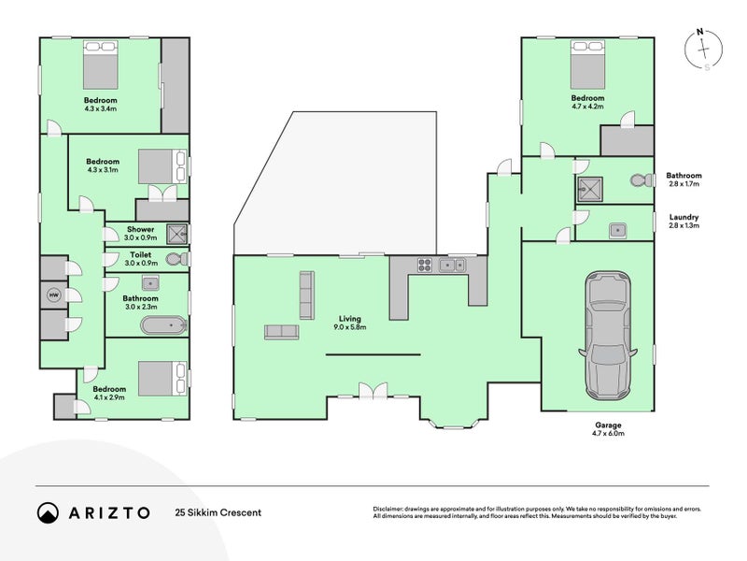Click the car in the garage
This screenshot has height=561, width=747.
(608, 336)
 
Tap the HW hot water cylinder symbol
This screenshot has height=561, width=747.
(54, 295)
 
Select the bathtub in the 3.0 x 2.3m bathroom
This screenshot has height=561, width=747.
(164, 325)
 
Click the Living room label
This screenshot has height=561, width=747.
(349, 319)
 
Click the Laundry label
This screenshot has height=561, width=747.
(684, 217)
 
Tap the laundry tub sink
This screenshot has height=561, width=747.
(617, 230)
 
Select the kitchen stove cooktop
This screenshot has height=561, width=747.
(425, 265)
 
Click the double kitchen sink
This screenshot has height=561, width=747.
(452, 265)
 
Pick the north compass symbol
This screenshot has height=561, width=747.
(703, 50)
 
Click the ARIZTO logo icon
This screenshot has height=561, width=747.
(48, 512)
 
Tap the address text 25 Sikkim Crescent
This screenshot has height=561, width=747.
(218, 512)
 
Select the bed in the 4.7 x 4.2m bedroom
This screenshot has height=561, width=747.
(587, 65)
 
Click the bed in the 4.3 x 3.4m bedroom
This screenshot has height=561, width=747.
(101, 65)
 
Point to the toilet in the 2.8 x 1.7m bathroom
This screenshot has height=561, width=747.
(641, 180)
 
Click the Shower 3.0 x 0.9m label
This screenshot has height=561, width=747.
(141, 233)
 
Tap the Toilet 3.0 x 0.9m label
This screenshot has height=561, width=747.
(141, 259)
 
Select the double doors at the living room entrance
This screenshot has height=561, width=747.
(373, 390)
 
